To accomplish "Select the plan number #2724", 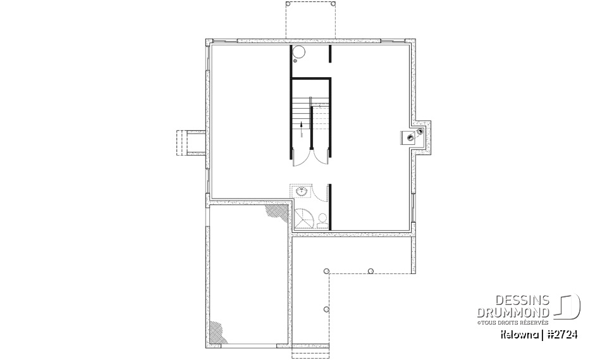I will (x=562, y=333).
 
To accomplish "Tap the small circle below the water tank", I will (x=295, y=61).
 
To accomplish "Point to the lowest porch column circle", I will (x=326, y=309).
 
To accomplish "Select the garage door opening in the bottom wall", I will (x=311, y=347).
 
